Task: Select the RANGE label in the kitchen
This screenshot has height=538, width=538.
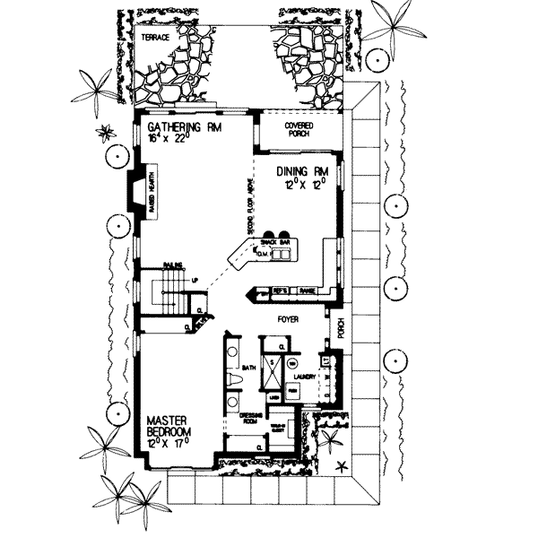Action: pos(307,291)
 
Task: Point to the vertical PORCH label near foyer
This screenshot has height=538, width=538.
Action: pos(340,331)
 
